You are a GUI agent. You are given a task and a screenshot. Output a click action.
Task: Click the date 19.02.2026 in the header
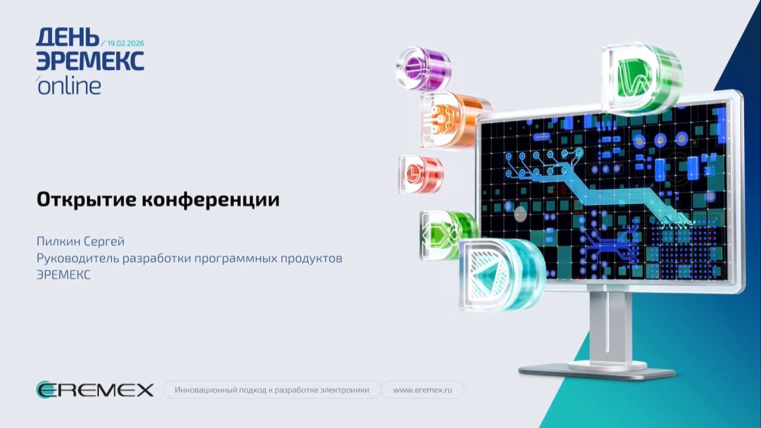pos(126,43)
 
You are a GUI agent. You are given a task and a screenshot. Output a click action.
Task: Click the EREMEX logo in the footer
pos(95,390)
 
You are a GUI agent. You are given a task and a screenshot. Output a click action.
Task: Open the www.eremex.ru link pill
pos(422,390)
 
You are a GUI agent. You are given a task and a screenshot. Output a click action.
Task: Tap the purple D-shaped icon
pos(423,68)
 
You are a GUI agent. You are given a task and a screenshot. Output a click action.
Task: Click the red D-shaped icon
pos(420,174)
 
